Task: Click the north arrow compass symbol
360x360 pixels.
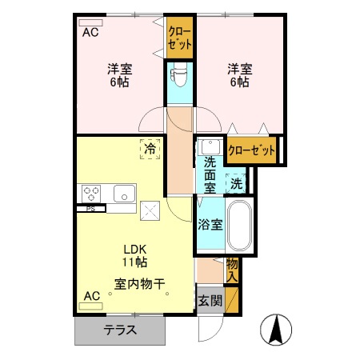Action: pos(277,330)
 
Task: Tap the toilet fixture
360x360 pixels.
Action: pos(180,78)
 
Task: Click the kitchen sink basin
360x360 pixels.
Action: pos(124,194)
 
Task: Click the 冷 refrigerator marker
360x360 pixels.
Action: pos(149,148)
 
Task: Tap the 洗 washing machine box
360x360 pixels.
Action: pos(237,183)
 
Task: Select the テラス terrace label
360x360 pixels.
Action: pos(118,330)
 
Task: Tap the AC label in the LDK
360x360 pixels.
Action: pos(91,297)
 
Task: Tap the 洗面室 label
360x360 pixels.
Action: pos(210,174)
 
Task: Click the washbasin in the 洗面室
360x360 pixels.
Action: pos(210,148)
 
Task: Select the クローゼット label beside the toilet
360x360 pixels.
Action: pos(179,37)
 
